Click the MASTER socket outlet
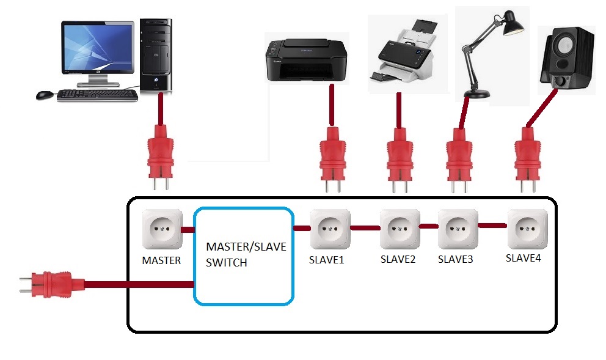coord(162,229)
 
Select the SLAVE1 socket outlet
coord(330,229)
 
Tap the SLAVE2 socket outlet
coord(400,229)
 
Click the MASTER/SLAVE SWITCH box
coord(243,255)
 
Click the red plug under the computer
coord(161,150)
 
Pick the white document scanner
coord(404,55)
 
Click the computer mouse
coord(45,95)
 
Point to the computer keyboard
coord(97,95)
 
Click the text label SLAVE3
coord(456,259)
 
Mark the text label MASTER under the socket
coord(161,260)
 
